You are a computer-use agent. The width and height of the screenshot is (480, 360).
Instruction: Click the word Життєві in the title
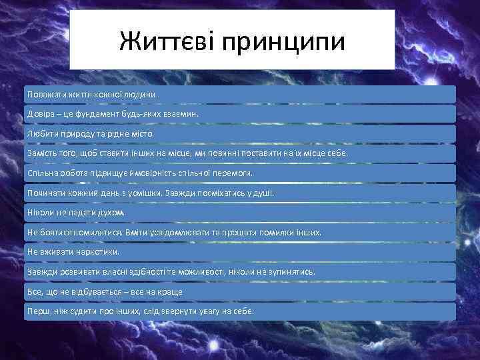tap(167, 42)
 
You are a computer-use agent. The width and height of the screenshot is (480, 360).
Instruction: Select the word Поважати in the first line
tap(46, 94)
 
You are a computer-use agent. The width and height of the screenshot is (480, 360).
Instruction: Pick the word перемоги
tap(236, 173)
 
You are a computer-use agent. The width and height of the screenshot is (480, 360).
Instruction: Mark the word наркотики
tap(98, 252)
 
